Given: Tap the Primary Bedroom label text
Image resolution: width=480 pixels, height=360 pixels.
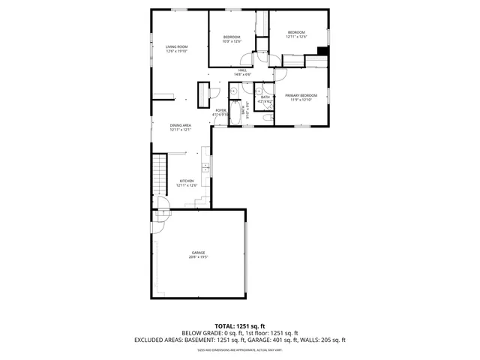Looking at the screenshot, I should tap(301, 95).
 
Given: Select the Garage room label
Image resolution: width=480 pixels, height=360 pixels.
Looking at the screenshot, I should tap(198, 253).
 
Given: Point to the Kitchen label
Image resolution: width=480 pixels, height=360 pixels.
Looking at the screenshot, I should tap(186, 181).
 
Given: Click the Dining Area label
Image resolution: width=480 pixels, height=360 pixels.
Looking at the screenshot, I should tap(181, 125).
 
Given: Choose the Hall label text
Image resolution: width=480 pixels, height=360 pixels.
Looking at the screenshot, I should tap(242, 70).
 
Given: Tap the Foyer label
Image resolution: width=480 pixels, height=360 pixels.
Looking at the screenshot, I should tap(220, 110).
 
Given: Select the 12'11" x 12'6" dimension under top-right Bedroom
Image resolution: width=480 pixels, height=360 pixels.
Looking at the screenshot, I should tap(297, 37).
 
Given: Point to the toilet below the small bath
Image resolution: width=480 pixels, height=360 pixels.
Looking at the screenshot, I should tap(268, 117).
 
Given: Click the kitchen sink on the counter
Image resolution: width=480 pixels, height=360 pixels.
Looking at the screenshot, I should tap(203, 166).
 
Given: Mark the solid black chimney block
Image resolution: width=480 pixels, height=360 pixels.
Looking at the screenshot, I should tap(322, 51).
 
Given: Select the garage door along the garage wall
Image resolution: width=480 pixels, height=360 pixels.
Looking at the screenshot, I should tap(246, 254).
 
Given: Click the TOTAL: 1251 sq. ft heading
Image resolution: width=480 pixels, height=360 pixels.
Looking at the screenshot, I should tap(240, 326).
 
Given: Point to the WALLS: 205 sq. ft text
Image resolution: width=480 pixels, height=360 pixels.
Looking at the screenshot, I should tap(322, 339).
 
